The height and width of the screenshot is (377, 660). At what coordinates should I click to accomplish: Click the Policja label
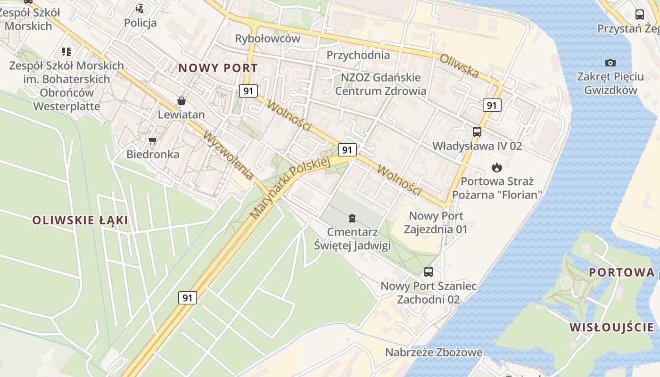pos(140,23)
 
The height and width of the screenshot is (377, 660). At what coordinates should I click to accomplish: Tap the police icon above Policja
pos(140,8)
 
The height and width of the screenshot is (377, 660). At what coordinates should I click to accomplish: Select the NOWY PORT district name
pos(218,68)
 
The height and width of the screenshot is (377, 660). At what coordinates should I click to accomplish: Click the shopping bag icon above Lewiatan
pos(181,101)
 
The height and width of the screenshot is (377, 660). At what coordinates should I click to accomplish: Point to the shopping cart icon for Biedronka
pos(152,140)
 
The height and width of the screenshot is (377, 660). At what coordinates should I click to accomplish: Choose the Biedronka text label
pos(153,155)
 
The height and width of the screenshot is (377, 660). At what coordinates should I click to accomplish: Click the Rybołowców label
pos(267,39)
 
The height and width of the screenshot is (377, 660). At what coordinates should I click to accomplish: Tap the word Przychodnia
pos(358,55)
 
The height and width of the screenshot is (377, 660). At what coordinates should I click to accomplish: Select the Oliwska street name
pos(460,66)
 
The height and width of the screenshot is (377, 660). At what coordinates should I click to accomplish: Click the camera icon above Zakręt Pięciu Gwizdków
pos(610,63)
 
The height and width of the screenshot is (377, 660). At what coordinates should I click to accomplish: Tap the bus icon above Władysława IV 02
pos(477,132)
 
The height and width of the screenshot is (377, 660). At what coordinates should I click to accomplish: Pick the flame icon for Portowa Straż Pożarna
pos(496,167)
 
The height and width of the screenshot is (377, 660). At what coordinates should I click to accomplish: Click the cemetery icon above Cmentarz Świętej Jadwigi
pos(352,218)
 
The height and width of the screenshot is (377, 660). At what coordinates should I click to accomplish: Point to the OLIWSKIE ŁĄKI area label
pos(80,220)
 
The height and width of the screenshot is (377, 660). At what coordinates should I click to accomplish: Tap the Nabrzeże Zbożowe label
pos(434,352)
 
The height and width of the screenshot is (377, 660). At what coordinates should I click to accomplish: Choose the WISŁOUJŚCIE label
pos(611,327)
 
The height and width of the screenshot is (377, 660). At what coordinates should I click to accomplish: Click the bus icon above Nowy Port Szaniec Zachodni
pos(429,271)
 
